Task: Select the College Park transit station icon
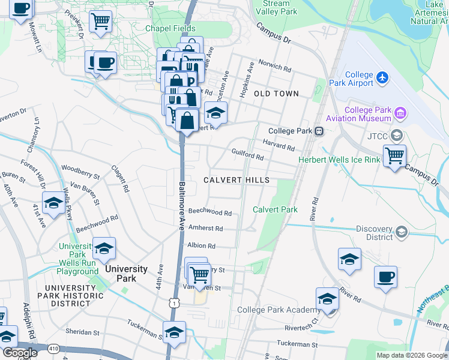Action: coord(320,131)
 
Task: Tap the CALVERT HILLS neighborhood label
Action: coord(235,180)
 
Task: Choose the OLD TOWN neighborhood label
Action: coord(276,94)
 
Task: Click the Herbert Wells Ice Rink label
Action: coord(339,160)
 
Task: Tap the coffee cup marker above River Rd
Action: coord(385,277)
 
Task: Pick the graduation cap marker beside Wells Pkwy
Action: coord(53,203)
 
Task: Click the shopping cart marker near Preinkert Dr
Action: coord(100,21)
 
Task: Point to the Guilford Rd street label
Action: coord(248,155)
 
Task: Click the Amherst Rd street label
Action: coord(205,229)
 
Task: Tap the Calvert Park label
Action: coord(275,209)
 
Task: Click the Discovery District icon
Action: coord(402,232)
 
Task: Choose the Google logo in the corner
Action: coord(20,353)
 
